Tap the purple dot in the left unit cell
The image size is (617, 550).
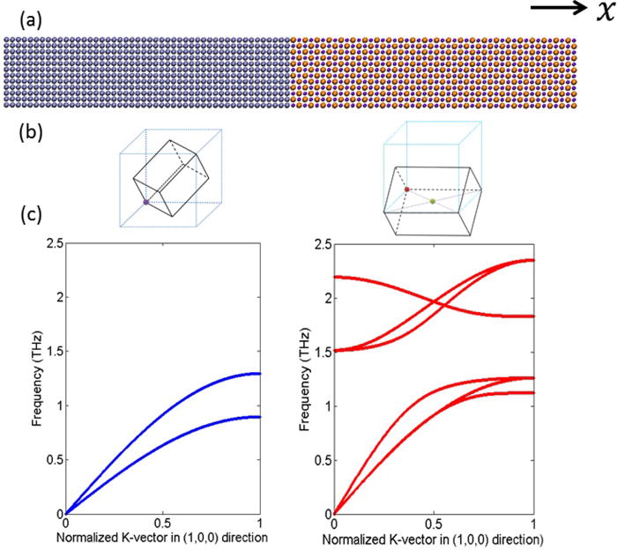(146, 203)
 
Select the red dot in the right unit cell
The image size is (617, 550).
(407, 190)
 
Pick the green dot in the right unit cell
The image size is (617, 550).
(433, 202)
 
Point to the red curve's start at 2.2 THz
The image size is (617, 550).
(335, 276)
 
